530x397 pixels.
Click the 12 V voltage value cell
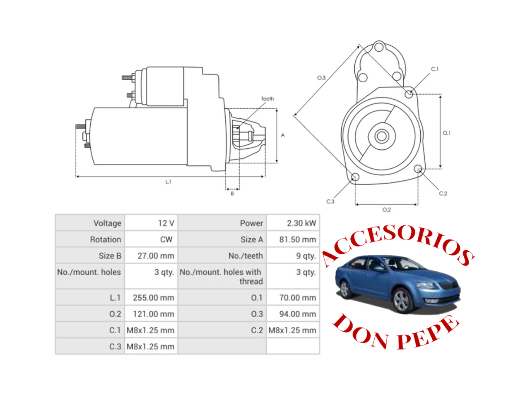[166, 223]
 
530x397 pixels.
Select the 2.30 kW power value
[301, 223]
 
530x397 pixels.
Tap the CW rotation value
[166, 239]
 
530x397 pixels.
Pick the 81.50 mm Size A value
[297, 239]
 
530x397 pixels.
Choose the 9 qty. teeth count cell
[306, 256]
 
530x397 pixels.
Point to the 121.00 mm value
[153, 314]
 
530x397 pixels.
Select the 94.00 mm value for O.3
[297, 314]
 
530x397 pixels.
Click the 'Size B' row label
[110, 256]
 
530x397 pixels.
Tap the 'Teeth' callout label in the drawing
[267, 99]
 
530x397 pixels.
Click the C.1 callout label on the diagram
[434, 69]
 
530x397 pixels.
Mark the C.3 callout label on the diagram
[330, 201]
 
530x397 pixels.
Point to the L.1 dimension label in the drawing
[168, 182]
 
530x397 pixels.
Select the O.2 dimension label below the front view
[386, 210]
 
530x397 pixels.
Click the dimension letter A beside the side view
[283, 135]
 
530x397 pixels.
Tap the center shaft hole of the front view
[381, 136]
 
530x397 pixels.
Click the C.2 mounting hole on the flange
[418, 169]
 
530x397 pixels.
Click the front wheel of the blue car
[401, 301]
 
